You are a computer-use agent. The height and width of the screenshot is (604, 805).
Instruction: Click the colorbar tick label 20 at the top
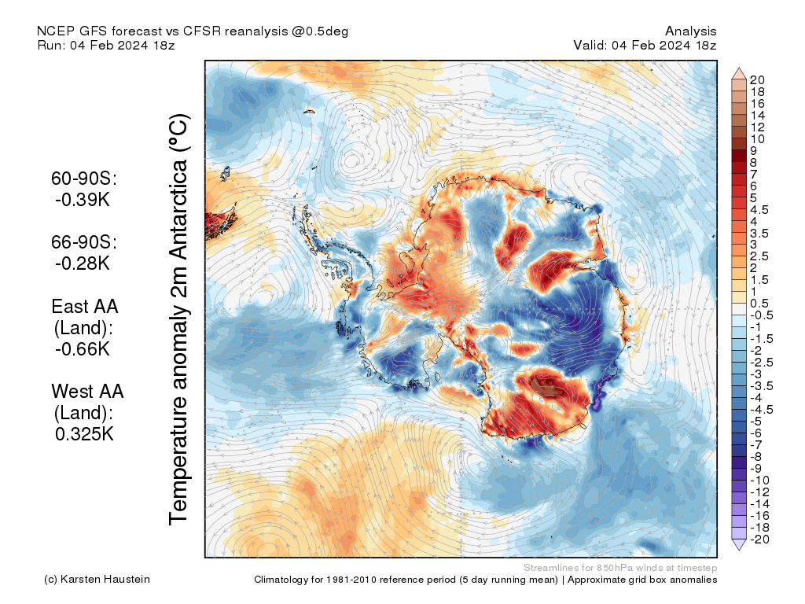click(757, 80)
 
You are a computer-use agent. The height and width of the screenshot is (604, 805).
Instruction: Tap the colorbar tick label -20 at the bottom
click(759, 539)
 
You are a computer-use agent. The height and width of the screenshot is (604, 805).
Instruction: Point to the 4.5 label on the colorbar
click(759, 210)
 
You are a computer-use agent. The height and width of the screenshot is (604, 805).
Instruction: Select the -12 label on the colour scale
click(759, 492)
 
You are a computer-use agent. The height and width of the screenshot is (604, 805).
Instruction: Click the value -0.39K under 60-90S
click(83, 200)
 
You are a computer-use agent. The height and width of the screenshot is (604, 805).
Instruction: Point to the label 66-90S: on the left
click(84, 242)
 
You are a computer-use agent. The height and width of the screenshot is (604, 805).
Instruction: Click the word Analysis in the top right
click(690, 31)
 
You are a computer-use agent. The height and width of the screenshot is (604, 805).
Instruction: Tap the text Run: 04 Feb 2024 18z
click(106, 45)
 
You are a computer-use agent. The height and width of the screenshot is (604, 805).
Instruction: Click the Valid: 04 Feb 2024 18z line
click(645, 45)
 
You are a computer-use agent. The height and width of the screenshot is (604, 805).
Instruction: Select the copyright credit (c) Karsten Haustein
click(97, 580)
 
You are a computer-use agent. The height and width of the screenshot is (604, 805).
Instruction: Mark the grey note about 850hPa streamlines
click(619, 567)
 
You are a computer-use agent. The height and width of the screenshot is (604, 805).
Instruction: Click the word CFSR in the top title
click(202, 31)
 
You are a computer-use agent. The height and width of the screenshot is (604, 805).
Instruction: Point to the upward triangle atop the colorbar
click(739, 73)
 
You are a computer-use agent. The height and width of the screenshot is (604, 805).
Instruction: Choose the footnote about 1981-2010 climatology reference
click(485, 580)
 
